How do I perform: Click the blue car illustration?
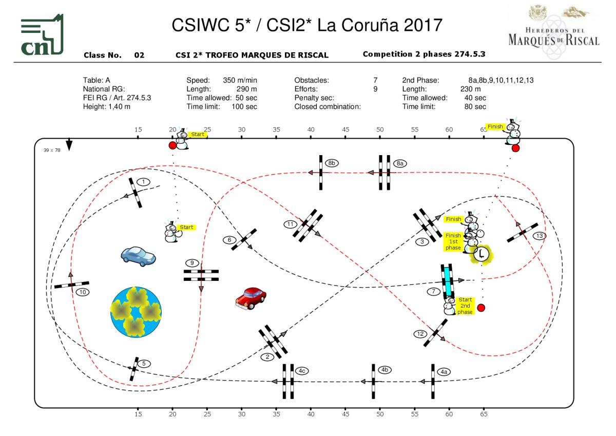138,256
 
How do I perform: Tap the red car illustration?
251,298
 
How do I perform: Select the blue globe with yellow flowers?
136,312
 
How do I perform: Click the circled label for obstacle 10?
83,292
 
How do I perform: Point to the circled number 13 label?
540,236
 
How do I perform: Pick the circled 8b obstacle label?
332,163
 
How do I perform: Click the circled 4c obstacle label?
302,371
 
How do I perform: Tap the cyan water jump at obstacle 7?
448,281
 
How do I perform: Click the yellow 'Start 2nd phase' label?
465,306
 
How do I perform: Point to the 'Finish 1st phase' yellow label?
453,241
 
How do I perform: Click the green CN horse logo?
42,34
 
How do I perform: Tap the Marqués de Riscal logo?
553,32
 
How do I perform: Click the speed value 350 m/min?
240,80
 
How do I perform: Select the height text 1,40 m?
119,107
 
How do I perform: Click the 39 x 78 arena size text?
52,150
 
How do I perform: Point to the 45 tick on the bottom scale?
345,414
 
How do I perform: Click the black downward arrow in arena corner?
69,145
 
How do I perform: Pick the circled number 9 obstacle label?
192,263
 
